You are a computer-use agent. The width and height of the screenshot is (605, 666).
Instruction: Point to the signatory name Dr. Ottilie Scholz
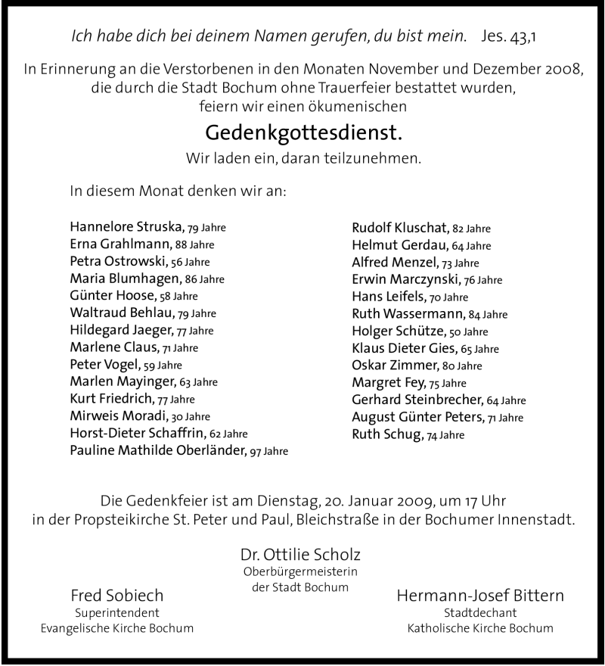coord(302,553)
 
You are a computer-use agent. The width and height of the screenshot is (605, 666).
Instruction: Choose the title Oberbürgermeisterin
coord(300,571)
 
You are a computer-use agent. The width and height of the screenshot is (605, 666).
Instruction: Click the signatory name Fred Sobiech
coord(116,595)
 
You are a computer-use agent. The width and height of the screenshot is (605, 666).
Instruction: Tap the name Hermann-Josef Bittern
coord(480,595)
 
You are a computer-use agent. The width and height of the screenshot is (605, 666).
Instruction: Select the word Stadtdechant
coord(480,613)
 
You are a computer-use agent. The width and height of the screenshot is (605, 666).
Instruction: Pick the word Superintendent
coord(116,613)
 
